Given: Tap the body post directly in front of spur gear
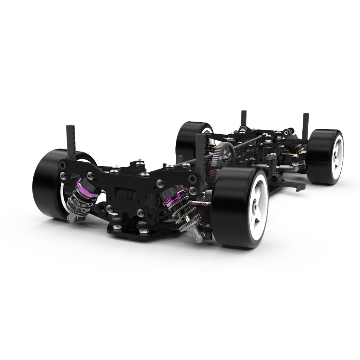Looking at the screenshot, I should click(200, 155).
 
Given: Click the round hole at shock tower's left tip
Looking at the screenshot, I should click(63, 165).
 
